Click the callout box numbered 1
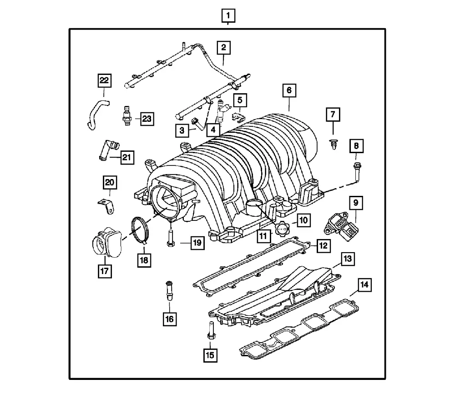click(x=228, y=15)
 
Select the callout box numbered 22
click(x=104, y=80)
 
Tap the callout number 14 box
click(x=364, y=284)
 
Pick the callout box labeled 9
click(x=356, y=203)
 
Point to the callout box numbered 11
click(x=263, y=236)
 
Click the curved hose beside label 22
click(x=97, y=114)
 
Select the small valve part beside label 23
click(x=126, y=115)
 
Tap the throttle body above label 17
click(x=107, y=242)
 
